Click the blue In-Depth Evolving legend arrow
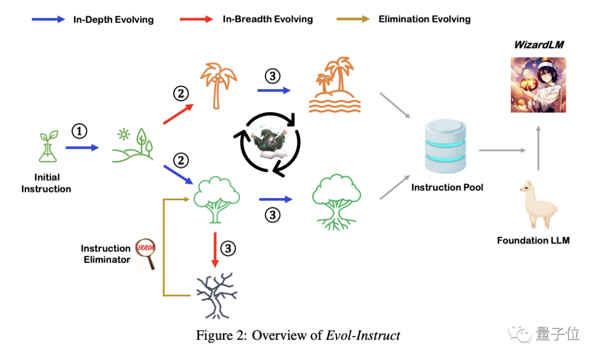[x=48, y=19]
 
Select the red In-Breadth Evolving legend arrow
[x=196, y=19]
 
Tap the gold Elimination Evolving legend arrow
[x=353, y=19]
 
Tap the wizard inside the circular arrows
[x=270, y=143]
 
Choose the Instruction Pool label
[x=447, y=187]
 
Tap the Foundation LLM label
[x=533, y=240]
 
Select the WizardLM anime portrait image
[x=539, y=84]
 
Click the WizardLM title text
[x=539, y=44]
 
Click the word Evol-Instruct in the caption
[x=364, y=335]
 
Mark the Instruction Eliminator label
[x=106, y=253]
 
